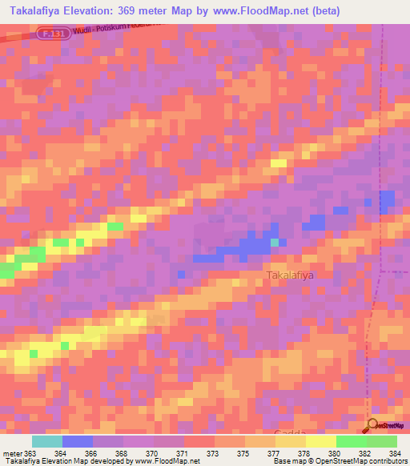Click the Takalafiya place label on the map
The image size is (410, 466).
click(289, 275)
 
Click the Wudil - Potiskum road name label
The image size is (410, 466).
click(120, 30)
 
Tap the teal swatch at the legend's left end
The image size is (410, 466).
click(47, 441)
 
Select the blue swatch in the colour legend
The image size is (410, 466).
click(78, 441)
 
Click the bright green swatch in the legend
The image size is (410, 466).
click(351, 441)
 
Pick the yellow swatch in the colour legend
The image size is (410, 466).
click(320, 441)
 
